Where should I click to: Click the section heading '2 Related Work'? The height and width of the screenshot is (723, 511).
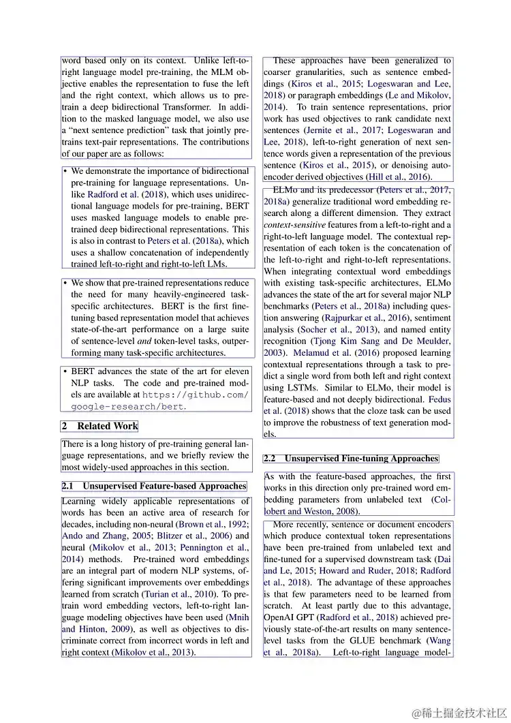pyautogui.click(x=99, y=426)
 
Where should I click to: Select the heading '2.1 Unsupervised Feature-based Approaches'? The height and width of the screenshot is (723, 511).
pyautogui.click(x=154, y=486)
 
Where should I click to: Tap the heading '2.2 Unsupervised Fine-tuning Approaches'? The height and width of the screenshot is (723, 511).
pyautogui.click(x=351, y=459)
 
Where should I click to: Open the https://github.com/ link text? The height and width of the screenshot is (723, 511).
pyautogui.click(x=204, y=395)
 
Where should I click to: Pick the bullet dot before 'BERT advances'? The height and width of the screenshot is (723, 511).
pyautogui.click(x=65, y=372)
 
